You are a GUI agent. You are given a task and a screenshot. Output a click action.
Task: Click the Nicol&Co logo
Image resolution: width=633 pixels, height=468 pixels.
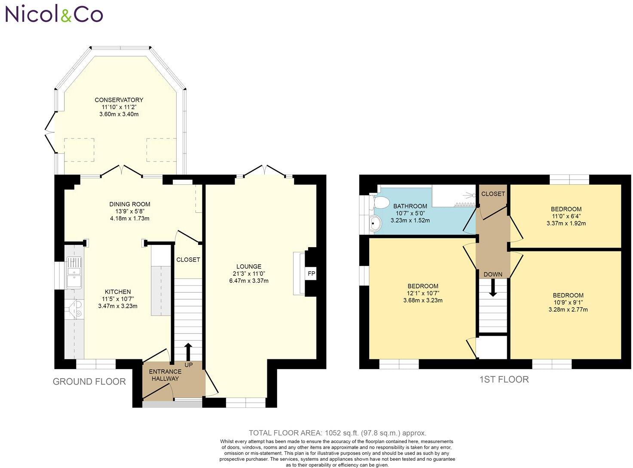pyautogui.click(x=54, y=14)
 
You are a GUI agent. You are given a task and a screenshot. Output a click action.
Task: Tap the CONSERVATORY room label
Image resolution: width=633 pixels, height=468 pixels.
pyautogui.click(x=119, y=100)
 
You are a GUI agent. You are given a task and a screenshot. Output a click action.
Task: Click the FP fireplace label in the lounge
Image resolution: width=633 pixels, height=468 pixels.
pyautogui.click(x=311, y=273)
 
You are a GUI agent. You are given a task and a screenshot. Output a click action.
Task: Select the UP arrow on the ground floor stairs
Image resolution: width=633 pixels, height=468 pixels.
pyautogui.click(x=188, y=352)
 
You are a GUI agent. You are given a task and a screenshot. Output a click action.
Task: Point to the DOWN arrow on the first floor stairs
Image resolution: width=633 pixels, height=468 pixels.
pyautogui.click(x=493, y=288)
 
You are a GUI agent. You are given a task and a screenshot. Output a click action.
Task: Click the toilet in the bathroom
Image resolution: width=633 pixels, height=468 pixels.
pyautogui.click(x=379, y=202)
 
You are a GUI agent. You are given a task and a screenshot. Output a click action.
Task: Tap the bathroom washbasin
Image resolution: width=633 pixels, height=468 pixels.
pyautogui.click(x=376, y=223)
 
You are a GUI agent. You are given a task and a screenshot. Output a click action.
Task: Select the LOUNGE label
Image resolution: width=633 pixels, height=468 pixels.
pyautogui.click(x=248, y=266)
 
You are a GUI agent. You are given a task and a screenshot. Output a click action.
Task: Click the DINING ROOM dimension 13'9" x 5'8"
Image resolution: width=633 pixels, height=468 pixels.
pyautogui.click(x=129, y=211)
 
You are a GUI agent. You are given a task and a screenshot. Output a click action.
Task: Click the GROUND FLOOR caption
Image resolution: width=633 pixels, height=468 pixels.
pyautogui.click(x=89, y=382)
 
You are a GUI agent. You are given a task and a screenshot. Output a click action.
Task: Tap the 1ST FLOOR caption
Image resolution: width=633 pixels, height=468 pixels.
pyautogui.click(x=504, y=379)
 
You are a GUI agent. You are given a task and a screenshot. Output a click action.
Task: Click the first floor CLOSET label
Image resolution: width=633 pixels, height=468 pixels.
pyautogui.click(x=493, y=194)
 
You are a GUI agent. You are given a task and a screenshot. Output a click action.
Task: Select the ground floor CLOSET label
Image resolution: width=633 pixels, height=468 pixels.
pyautogui.click(x=188, y=260)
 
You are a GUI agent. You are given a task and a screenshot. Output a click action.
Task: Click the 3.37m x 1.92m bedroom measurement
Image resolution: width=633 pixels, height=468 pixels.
pyautogui.click(x=566, y=223)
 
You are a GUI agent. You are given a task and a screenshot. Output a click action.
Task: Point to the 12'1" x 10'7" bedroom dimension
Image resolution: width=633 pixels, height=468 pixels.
pyautogui.click(x=423, y=294)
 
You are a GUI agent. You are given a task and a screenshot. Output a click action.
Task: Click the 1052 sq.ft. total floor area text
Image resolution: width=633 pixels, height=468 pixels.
pyautogui.click(x=337, y=433)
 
